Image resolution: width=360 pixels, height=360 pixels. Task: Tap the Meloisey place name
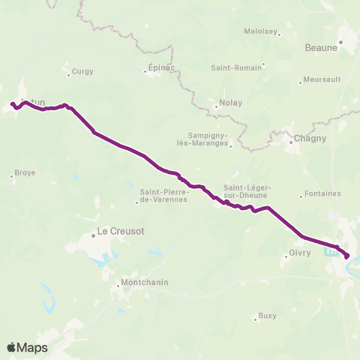262,31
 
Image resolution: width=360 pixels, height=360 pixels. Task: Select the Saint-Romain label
236,67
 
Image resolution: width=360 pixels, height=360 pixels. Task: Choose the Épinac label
157,72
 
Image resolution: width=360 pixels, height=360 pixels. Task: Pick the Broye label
25,172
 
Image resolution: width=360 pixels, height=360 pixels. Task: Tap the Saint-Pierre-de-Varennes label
163,196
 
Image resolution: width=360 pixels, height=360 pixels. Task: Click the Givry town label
298,253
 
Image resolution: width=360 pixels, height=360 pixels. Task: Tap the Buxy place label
267,315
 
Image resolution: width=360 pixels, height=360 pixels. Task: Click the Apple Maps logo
27,347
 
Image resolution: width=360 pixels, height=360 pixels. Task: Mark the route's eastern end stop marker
346,256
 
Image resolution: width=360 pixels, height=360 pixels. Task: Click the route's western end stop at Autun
13,104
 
